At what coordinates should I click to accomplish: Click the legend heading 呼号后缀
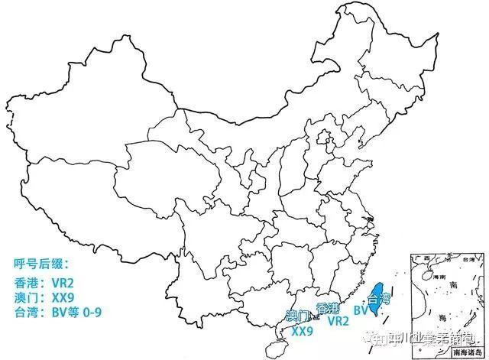point(41,264)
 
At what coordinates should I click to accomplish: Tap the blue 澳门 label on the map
point(298,316)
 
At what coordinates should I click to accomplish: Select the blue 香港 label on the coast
point(328,308)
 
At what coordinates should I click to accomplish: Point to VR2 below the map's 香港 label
point(338,322)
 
